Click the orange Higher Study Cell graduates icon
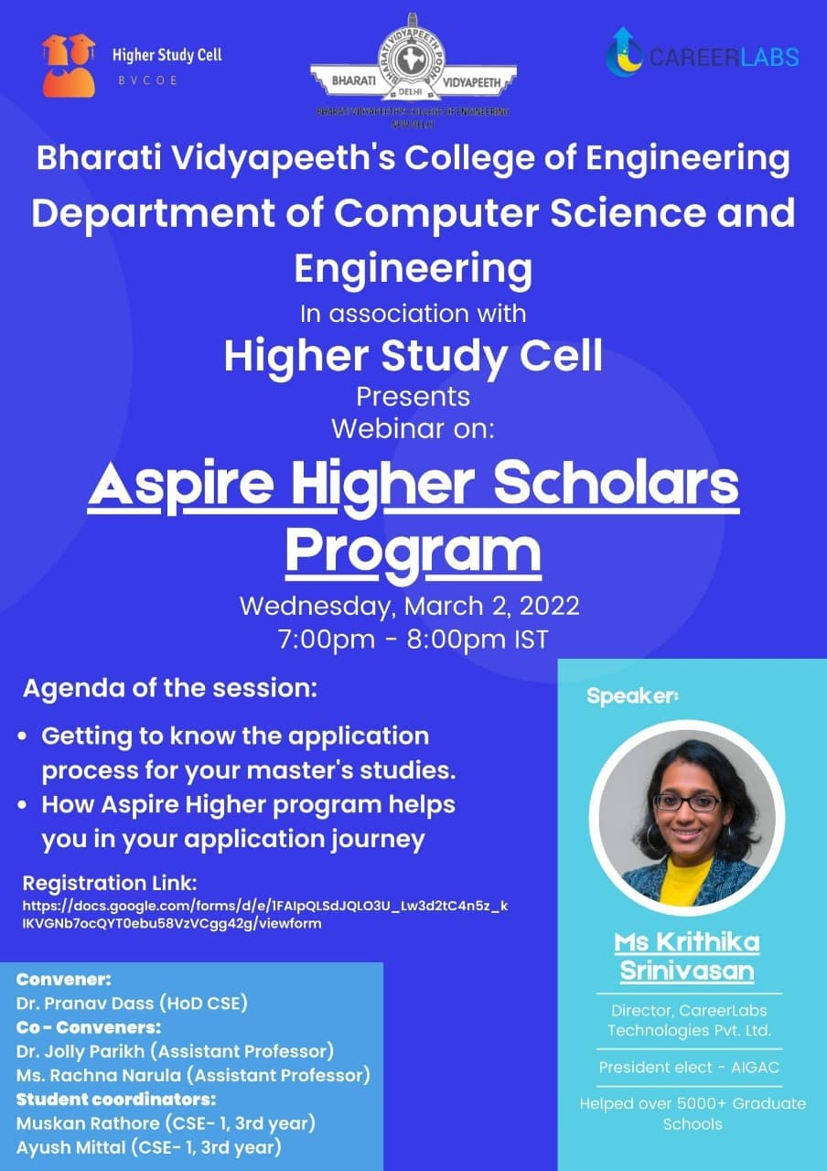pos(68,65)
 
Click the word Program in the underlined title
pos(413,552)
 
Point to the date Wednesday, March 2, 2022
pos(409,607)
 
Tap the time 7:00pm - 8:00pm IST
pos(413,639)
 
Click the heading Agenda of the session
pos(169,688)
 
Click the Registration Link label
pos(110,885)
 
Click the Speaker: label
pos(632,697)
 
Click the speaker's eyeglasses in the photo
pos(686,802)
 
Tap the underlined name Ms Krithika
pos(687,942)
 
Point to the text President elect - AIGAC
pos(689,1068)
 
